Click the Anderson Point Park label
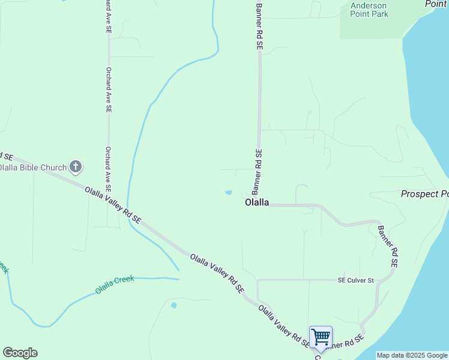(x=369, y=10)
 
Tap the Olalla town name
(x=257, y=203)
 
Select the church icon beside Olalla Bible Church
(x=76, y=167)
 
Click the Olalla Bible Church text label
(x=32, y=167)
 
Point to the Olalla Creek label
(x=114, y=284)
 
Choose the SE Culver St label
(x=355, y=280)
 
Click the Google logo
(x=20, y=353)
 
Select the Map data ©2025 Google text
(x=412, y=355)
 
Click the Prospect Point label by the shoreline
(x=424, y=194)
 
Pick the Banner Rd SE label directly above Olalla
(x=257, y=172)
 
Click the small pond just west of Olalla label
(x=228, y=193)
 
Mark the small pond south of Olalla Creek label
(x=174, y=305)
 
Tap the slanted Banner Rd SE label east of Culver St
(x=387, y=245)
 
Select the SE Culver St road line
(x=300, y=280)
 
